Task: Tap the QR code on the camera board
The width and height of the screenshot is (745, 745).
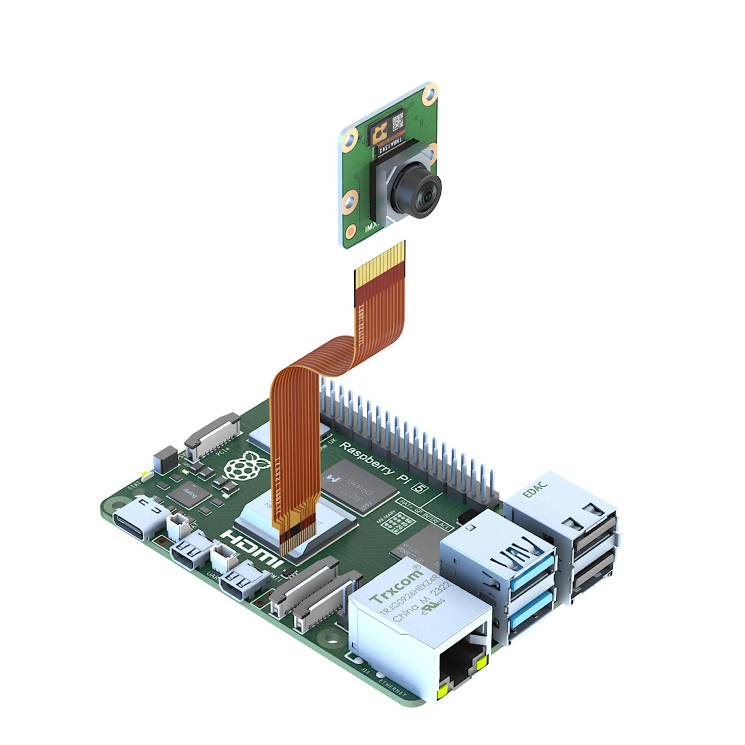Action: [x=398, y=123]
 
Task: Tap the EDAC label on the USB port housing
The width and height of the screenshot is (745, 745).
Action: [x=535, y=487]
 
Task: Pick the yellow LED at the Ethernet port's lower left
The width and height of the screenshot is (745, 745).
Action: [x=442, y=694]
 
